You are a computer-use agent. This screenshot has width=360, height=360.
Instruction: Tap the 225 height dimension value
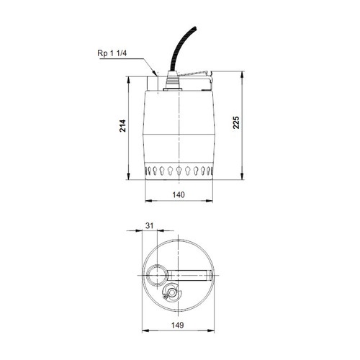(x=237, y=122)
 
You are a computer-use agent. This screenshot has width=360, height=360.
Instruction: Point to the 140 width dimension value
(x=179, y=194)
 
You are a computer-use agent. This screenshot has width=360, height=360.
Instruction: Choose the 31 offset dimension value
(x=149, y=226)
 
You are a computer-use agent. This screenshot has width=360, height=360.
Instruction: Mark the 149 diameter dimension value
(x=179, y=325)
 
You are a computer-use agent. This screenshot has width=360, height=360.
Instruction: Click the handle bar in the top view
(x=191, y=274)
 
